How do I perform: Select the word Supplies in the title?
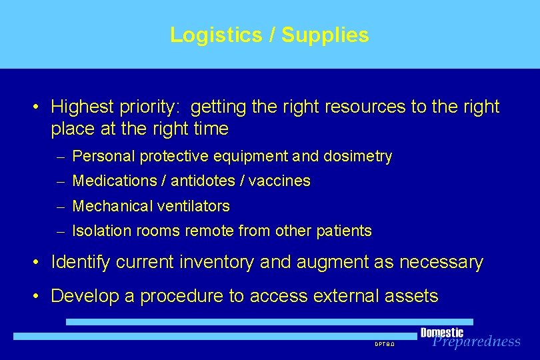[x=325, y=35]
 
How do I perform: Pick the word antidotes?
[x=199, y=181]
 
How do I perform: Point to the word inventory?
[x=220, y=263]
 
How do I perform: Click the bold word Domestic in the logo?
[x=441, y=333]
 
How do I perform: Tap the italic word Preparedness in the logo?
[x=476, y=342]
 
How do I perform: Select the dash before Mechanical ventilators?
[x=61, y=207]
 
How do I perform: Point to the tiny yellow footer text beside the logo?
[x=385, y=345]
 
